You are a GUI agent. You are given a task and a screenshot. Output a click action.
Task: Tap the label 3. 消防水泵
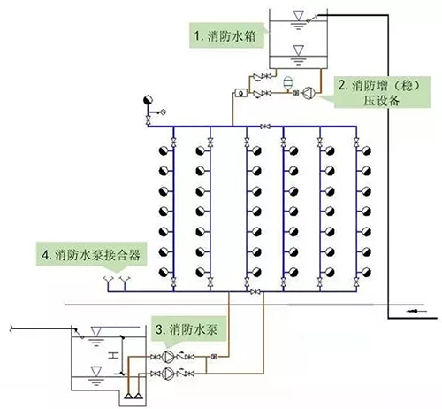point(187,328)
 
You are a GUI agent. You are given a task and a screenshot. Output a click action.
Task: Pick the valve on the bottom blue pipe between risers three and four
point(255,292)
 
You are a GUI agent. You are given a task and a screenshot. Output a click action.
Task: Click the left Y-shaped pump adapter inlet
point(108,282)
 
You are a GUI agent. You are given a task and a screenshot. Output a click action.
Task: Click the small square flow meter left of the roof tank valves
point(240,91)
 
